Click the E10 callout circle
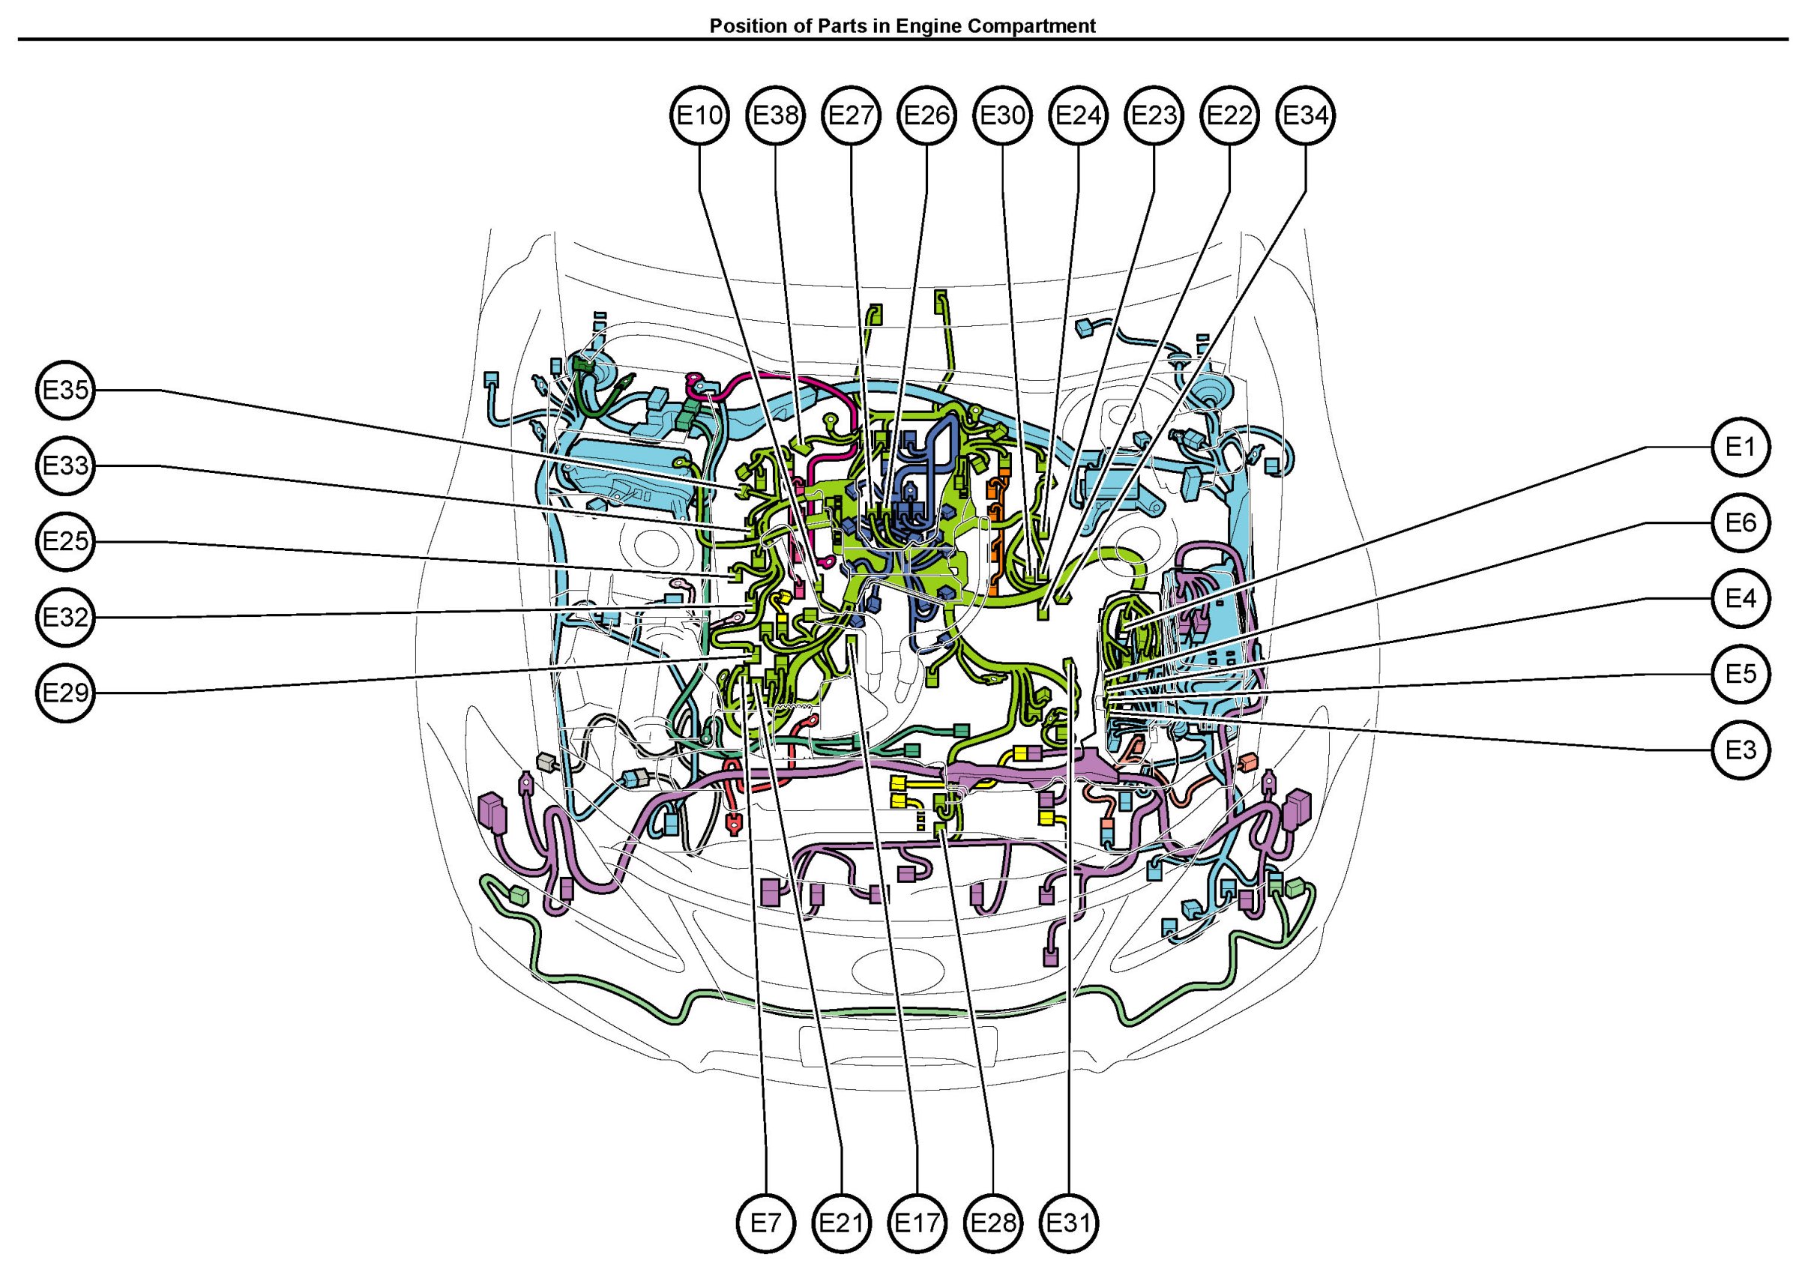[x=699, y=116]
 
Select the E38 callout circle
[x=776, y=116]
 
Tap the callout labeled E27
[x=851, y=116]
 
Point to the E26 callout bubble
[x=927, y=116]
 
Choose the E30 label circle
[x=1003, y=116]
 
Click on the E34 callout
[x=1305, y=116]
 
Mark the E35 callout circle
[x=66, y=390]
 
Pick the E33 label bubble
[x=66, y=466]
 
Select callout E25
[x=66, y=541]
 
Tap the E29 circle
[x=66, y=693]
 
